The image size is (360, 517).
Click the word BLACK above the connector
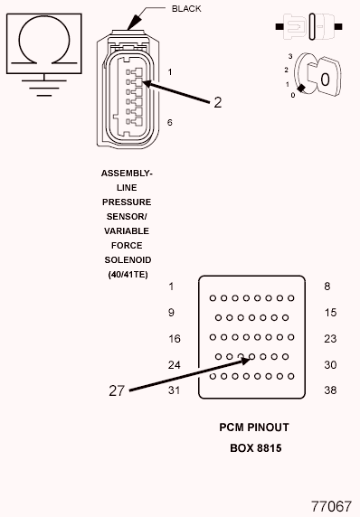(x=186, y=9)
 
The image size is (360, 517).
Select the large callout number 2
(x=217, y=102)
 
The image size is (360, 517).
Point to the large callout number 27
(x=117, y=390)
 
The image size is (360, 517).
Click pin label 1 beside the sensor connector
(x=170, y=72)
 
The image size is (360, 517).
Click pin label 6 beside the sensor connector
(x=170, y=122)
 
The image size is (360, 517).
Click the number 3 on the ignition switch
(x=290, y=56)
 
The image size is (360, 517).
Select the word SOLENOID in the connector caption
(x=128, y=259)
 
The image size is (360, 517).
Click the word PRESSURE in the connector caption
(x=127, y=202)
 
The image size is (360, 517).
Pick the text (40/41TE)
(x=128, y=275)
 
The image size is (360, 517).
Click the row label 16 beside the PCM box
(x=175, y=339)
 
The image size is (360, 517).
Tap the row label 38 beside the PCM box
(x=330, y=390)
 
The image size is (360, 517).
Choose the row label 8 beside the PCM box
(x=327, y=287)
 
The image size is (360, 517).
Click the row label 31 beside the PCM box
(x=174, y=390)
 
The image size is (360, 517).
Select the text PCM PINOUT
(x=254, y=428)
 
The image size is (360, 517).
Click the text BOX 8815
(x=256, y=448)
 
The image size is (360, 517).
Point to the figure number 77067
(x=332, y=506)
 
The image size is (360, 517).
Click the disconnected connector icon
(x=308, y=26)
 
